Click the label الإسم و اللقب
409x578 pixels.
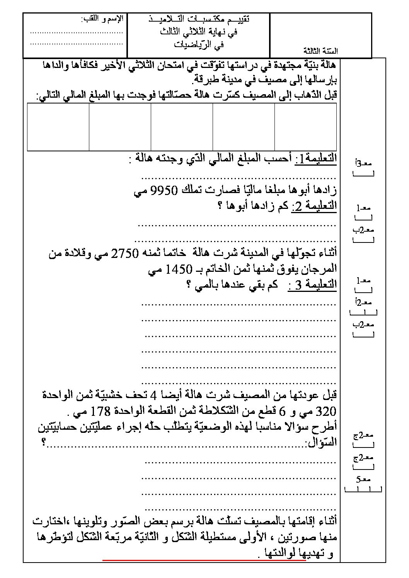coord(102,19)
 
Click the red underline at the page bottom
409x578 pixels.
coord(205,560)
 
